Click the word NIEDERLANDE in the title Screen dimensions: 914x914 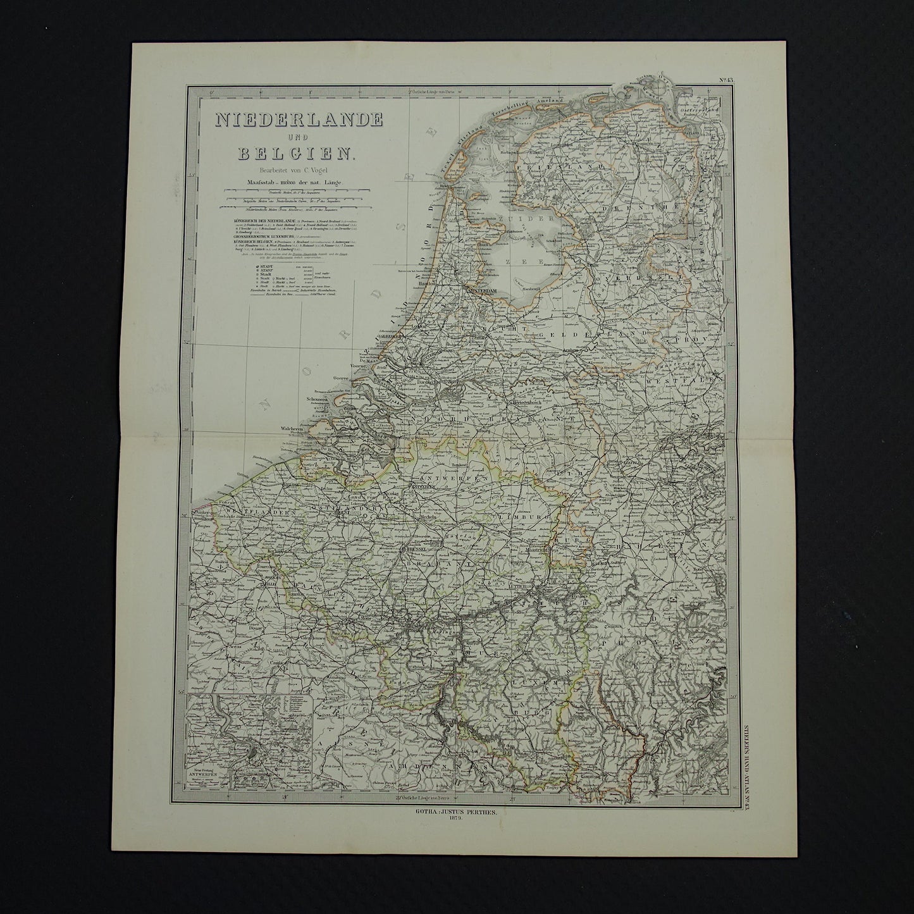click(x=299, y=119)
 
